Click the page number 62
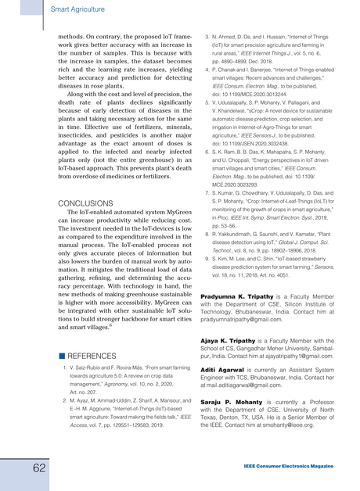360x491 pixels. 16,467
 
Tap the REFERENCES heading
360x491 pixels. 95,355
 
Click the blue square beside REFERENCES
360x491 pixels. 61,355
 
